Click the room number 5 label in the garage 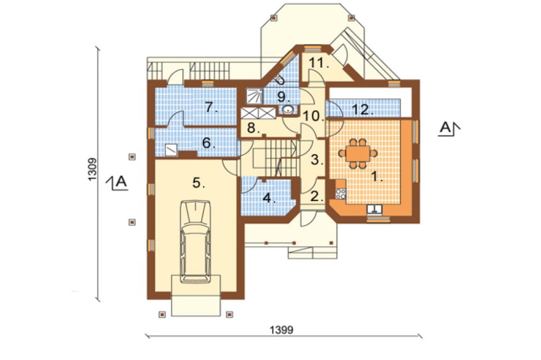199,183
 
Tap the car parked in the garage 196,242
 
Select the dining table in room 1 358,154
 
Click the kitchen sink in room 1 374,209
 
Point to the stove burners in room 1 341,194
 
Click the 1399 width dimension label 281,330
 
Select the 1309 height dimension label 92,169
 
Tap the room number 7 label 212,108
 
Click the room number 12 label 362,110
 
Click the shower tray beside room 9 254,96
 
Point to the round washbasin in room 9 287,110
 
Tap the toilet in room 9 280,81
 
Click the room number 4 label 269,198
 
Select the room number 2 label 316,196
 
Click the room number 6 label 209,142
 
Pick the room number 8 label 253,128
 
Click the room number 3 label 317,159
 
